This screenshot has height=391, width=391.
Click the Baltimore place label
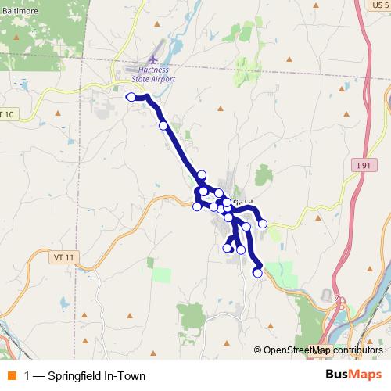[16, 12]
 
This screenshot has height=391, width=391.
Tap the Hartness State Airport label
[149, 74]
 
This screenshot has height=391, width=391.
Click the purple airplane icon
[152, 59]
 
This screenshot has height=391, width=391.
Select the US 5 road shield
[378, 5]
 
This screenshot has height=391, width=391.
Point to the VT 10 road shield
[5, 115]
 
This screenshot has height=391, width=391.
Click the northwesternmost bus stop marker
[131, 97]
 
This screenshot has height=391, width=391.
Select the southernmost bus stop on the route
[258, 273]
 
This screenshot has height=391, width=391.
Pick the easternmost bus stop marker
[263, 224]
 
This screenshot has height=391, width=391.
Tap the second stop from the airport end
[163, 125]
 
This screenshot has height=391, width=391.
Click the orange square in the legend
[11, 375]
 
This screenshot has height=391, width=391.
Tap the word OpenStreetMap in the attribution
[296, 350]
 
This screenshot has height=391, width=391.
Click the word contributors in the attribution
[357, 350]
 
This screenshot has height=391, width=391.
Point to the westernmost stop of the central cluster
[197, 206]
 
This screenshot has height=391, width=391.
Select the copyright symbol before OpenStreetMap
[258, 350]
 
